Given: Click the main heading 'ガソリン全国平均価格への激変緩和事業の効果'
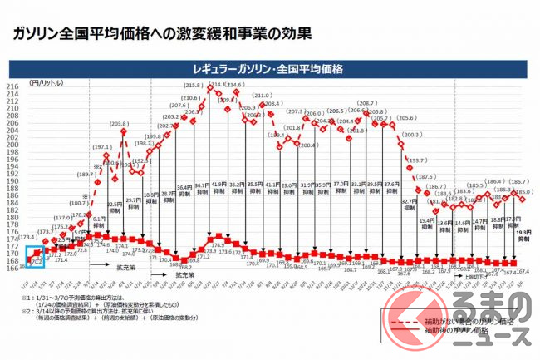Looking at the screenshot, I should (157, 34).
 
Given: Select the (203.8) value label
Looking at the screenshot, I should (117, 124).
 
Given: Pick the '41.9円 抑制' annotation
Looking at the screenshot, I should (218, 189).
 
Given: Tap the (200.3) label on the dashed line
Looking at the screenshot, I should (411, 134).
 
